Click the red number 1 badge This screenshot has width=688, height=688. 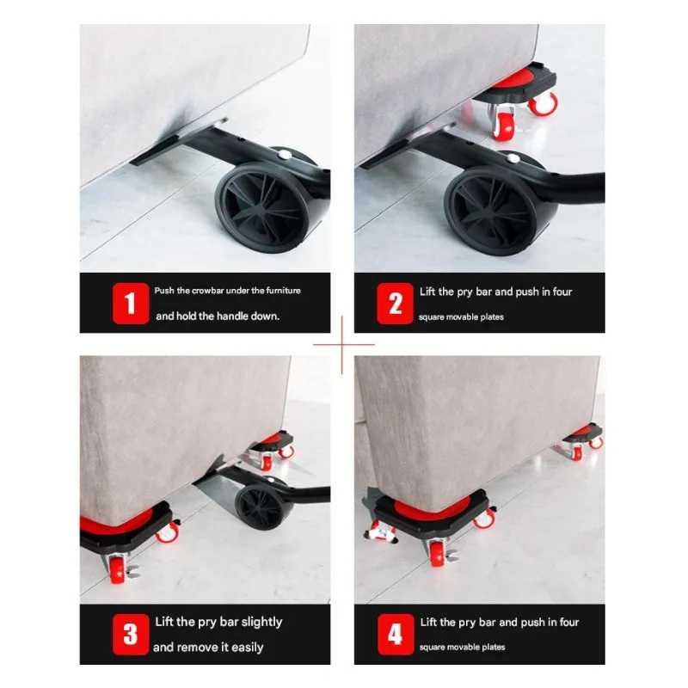[131, 304]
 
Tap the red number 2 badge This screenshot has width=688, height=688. [395, 304]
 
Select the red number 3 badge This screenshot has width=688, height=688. [131, 634]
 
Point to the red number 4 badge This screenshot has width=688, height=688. [396, 634]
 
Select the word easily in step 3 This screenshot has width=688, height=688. [248, 648]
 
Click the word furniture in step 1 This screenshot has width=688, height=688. [283, 291]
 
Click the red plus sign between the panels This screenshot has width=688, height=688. [342, 345]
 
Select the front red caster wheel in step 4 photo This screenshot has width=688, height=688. [438, 554]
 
